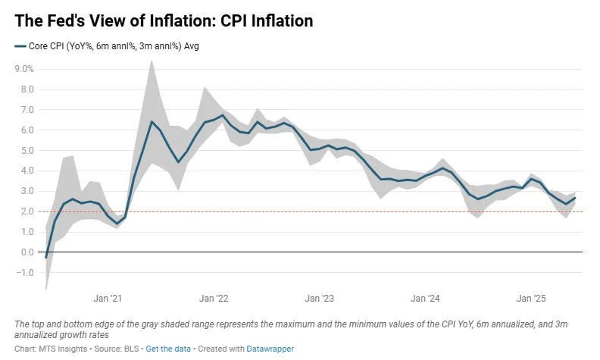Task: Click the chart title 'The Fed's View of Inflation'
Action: [164, 21]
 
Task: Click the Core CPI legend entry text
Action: [114, 46]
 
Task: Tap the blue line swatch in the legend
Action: [20, 46]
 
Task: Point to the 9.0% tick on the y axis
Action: [24, 69]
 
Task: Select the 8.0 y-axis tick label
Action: [27, 89]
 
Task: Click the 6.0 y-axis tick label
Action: [27, 130]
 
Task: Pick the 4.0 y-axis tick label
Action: [27, 171]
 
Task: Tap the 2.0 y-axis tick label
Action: [27, 211]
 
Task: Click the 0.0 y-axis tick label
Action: [27, 252]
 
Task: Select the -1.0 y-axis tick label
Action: [26, 273]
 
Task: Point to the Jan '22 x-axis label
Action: [214, 299]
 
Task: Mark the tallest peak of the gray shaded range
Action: [152, 61]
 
